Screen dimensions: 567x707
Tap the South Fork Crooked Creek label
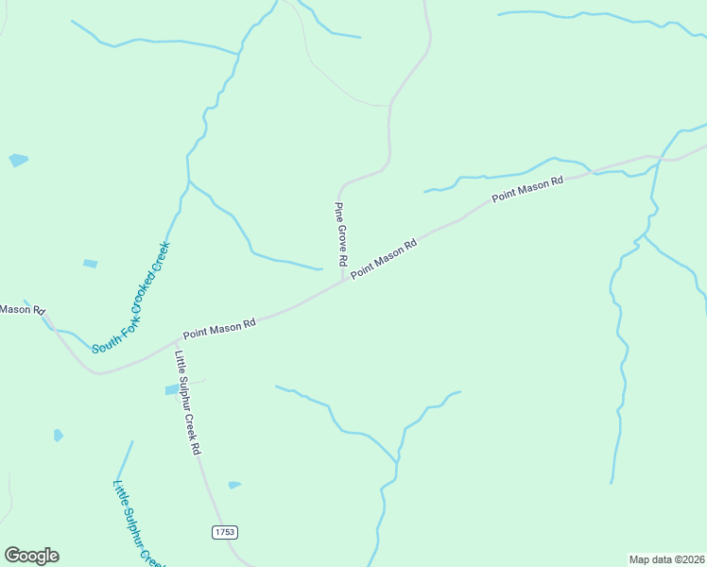[130, 299]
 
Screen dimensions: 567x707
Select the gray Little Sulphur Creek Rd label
[188, 404]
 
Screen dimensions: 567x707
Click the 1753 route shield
[224, 533]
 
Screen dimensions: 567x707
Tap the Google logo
[31, 556]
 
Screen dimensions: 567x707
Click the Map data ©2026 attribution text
[666, 559]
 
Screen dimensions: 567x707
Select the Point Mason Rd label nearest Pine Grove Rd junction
[384, 259]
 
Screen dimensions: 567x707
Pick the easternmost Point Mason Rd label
[527, 187]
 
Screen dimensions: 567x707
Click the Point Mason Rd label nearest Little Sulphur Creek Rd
[219, 327]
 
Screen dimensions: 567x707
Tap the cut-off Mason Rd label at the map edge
[21, 309]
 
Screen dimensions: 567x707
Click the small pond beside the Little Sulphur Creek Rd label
[171, 389]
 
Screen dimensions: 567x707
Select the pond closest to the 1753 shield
[234, 485]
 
